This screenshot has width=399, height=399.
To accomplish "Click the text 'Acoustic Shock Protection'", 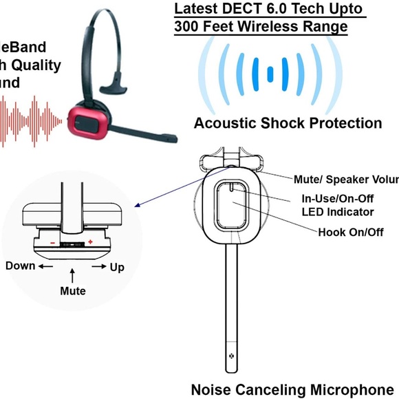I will tap(288, 123).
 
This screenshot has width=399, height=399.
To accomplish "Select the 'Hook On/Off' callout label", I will tap(350, 232).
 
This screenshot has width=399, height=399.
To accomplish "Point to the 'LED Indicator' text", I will tap(338, 212).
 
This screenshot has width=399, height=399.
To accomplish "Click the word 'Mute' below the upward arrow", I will tap(73, 291).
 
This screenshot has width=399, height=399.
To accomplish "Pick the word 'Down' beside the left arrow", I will tap(20, 266).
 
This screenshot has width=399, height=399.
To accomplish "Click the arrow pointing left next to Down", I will tap(46, 266).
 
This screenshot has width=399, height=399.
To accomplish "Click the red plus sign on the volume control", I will tap(90, 242).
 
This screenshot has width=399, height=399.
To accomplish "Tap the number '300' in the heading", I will tap(188, 27).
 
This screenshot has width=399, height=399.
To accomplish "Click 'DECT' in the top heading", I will tap(236, 9).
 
